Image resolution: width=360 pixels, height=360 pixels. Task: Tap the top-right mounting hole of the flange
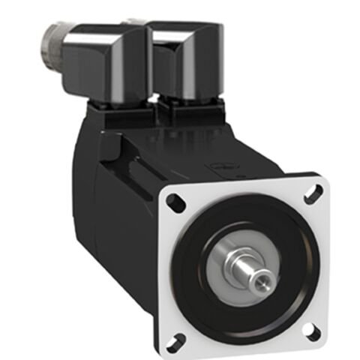pyautogui.click(x=308, y=190)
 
